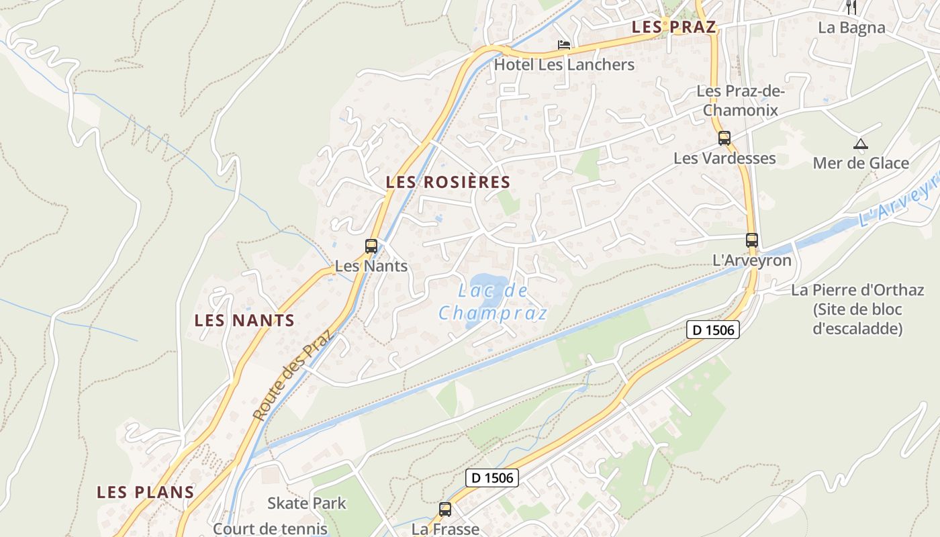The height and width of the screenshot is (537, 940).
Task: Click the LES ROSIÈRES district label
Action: tap(448, 182)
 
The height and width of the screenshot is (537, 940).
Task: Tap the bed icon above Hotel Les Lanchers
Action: tap(564, 45)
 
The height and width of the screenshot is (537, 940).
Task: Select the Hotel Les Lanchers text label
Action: tap(564, 65)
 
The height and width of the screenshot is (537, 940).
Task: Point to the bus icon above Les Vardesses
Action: tap(724, 138)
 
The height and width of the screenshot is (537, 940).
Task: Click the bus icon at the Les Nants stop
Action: tap(371, 246)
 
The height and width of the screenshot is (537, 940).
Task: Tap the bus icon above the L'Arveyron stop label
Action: tap(751, 240)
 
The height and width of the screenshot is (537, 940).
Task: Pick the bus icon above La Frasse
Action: tap(444, 509)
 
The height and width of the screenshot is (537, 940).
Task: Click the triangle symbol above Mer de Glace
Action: tap(860, 143)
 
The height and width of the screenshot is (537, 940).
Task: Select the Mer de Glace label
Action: tap(861, 163)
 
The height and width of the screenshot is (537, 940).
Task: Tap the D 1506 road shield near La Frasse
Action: tap(492, 478)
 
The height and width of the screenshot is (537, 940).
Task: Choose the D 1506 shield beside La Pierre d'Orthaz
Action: tap(712, 330)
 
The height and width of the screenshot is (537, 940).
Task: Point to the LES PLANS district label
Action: tap(146, 492)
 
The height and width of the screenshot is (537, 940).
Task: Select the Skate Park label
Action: tap(307, 503)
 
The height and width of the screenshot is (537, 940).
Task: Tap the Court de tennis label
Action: tap(269, 529)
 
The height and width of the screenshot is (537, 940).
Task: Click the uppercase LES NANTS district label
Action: tap(244, 320)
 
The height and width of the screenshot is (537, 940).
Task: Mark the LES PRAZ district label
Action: tap(674, 28)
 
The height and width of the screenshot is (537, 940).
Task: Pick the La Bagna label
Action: tap(851, 28)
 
